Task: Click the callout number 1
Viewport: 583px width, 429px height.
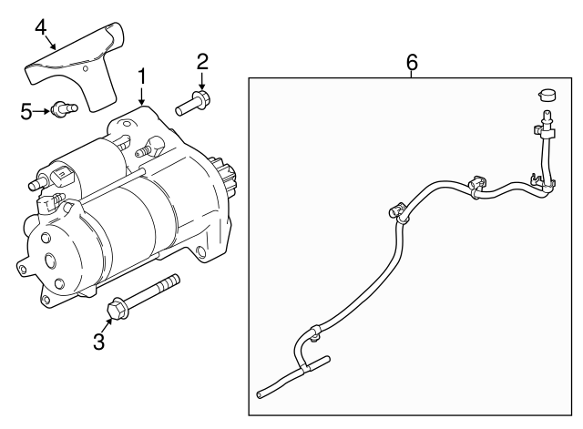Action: tap(142, 77)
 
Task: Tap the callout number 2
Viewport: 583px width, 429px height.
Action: tap(202, 62)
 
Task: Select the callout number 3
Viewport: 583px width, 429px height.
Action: tap(99, 342)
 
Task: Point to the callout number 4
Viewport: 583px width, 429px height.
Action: tap(40, 27)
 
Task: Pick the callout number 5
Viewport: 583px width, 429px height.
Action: tap(26, 111)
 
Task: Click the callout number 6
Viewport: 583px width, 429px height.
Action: tap(412, 62)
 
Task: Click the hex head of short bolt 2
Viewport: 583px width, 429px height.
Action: tap(202, 98)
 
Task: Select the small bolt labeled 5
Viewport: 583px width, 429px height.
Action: tap(64, 108)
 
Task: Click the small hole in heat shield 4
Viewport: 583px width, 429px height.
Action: tap(86, 68)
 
